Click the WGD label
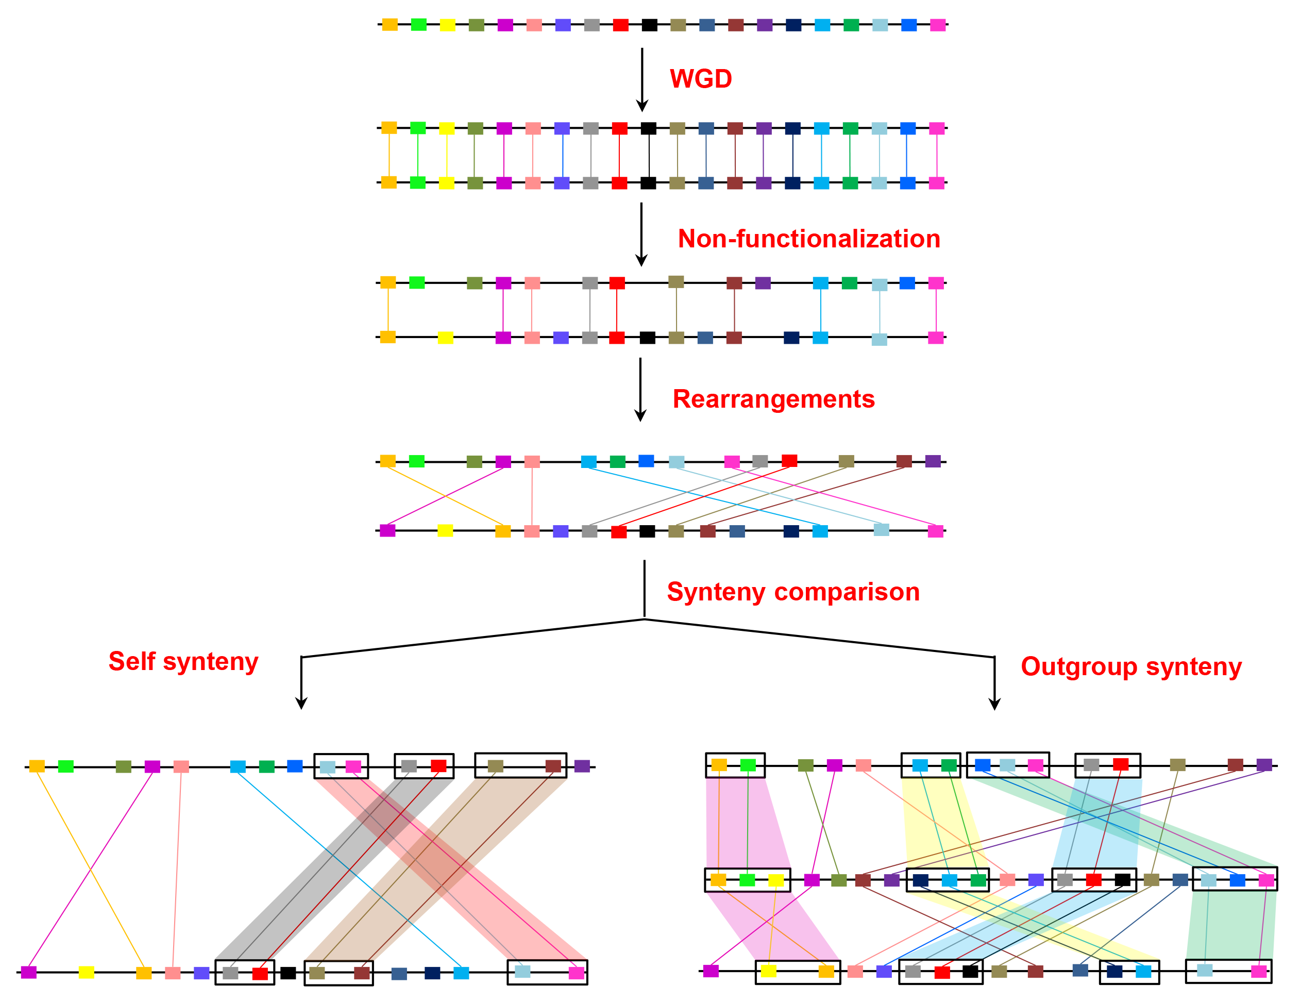[701, 79]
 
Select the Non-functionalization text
[809, 239]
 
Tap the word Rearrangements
[773, 399]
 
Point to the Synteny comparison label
[793, 592]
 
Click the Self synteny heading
[183, 662]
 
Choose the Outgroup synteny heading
[1131, 666]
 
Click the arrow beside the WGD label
[641, 80]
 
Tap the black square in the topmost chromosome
[649, 25]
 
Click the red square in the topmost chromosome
[621, 25]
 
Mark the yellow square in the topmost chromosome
[448, 25]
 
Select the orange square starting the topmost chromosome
[390, 25]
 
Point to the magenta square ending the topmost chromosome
[937, 25]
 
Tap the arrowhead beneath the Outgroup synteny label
[994, 704]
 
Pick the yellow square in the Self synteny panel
[87, 973]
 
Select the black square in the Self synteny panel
[288, 973]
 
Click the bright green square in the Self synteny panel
[66, 766]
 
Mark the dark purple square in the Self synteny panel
[582, 766]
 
